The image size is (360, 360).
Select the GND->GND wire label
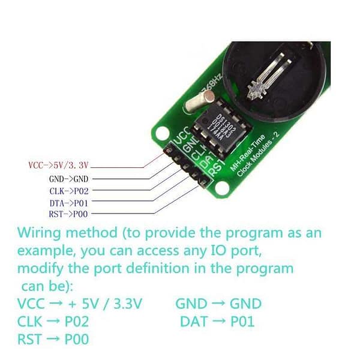pos(68,178)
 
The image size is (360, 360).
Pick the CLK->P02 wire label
pos(68,190)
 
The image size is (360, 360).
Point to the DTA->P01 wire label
pos(68,202)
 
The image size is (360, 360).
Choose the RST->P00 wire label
pos(68,214)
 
